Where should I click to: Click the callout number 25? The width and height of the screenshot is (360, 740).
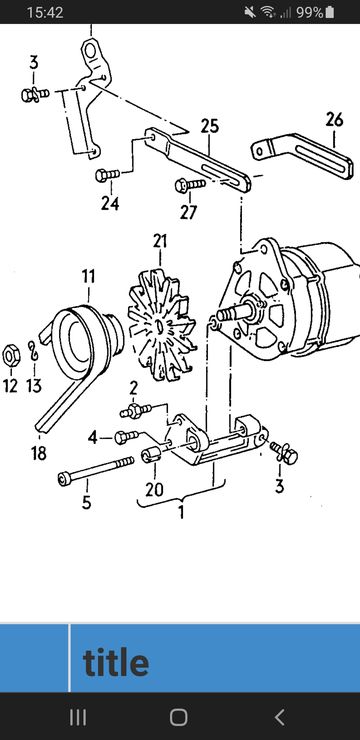click(210, 126)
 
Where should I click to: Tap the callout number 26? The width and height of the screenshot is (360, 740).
click(335, 119)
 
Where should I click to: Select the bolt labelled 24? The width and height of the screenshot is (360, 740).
click(108, 175)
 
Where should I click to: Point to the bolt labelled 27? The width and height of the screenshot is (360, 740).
click(190, 185)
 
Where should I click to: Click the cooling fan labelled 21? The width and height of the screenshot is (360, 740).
click(162, 325)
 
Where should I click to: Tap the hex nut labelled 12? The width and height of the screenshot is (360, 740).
click(10, 356)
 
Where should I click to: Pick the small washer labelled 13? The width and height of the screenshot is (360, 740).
click(33, 351)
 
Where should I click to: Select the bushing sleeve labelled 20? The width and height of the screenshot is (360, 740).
click(151, 455)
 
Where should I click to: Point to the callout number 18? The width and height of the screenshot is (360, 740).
click(39, 454)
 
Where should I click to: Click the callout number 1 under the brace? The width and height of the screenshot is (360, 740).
click(181, 512)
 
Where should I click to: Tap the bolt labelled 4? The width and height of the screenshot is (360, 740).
click(126, 437)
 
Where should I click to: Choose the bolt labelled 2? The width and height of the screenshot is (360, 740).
click(135, 410)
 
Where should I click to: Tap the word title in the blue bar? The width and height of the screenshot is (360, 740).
click(116, 662)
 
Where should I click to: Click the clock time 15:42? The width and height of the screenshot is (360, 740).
click(45, 12)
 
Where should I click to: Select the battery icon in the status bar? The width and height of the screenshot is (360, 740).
click(329, 12)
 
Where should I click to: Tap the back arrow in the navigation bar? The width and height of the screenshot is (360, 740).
click(280, 717)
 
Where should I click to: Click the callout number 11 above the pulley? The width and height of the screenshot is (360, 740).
click(88, 277)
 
